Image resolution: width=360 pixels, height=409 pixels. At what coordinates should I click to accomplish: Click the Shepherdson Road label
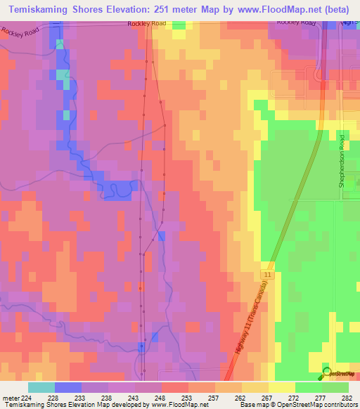(x=342, y=160)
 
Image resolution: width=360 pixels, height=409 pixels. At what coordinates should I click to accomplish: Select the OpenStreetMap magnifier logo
(x=326, y=372)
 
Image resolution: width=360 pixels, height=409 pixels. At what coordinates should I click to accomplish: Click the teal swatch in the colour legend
(x=41, y=387)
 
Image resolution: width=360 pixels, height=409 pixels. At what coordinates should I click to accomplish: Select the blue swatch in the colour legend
(x=68, y=387)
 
